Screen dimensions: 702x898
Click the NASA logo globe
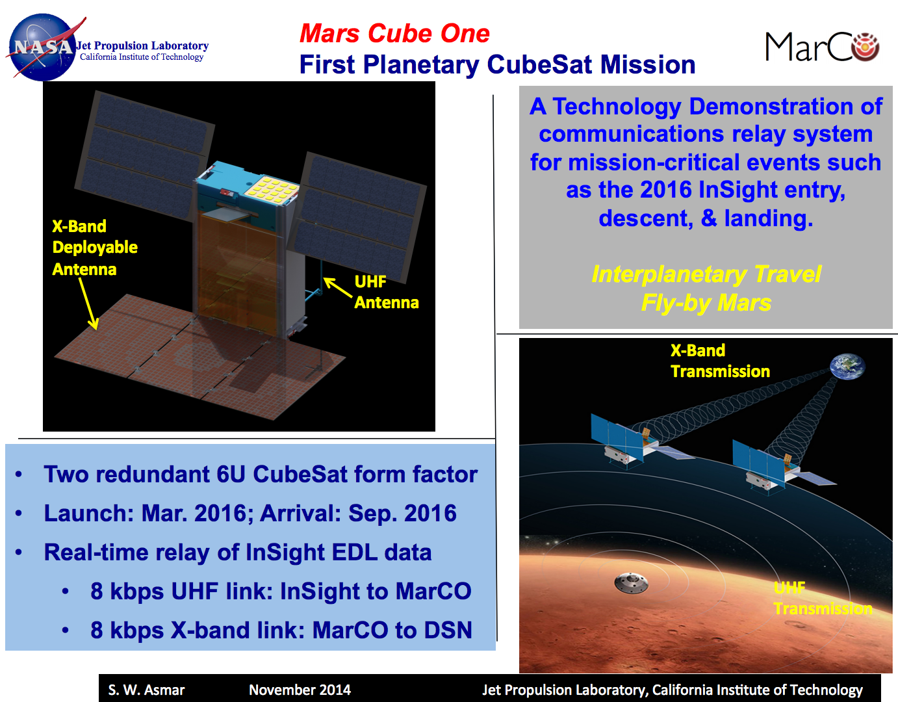click(43, 47)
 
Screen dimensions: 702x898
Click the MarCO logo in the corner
click(822, 47)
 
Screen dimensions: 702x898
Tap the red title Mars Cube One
click(394, 33)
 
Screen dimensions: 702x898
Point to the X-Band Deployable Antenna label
click(94, 248)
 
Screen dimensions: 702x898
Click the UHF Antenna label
click(385, 292)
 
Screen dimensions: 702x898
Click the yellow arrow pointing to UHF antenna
click(338, 287)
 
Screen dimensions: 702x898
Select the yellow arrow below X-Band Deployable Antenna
click(88, 304)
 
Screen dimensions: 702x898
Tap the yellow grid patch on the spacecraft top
click(272, 188)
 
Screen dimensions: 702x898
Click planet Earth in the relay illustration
click(848, 367)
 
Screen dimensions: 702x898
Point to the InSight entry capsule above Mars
click(631, 582)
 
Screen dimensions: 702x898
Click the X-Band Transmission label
click(719, 361)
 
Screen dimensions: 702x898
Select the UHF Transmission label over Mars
click(821, 599)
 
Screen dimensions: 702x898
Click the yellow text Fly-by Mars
click(706, 303)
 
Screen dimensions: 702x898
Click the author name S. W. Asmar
click(146, 690)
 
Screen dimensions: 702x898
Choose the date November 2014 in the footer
click(300, 690)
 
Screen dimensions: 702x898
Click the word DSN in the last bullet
click(448, 630)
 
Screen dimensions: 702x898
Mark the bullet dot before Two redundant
click(19, 474)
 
